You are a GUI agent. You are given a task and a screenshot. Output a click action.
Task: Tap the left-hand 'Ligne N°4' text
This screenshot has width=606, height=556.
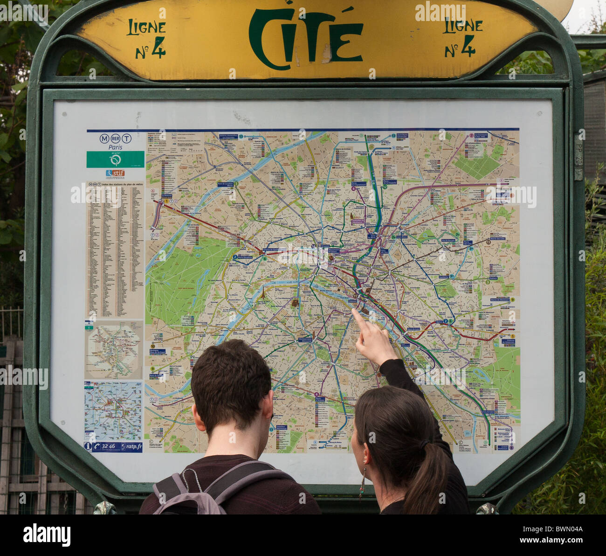pos(146,39)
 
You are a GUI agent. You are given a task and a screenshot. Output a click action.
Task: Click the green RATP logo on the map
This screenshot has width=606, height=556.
pos(115,160)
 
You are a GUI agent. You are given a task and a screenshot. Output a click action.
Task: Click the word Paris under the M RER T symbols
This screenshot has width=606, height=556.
pos(115,146)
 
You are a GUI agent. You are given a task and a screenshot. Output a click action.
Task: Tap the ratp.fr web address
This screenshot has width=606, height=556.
pos(131,446)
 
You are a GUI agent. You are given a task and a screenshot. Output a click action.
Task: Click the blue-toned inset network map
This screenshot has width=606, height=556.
pos(113,410)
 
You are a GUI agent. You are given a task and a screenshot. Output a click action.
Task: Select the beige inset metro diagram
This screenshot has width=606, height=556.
pos(114,350)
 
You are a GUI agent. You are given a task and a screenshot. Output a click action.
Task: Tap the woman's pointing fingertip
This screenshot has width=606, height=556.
pos(354,311)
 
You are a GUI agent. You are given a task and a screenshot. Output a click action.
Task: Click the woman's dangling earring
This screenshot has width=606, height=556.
pos(361,483)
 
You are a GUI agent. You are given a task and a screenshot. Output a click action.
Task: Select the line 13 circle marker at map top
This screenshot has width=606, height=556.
pos(241,137)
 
